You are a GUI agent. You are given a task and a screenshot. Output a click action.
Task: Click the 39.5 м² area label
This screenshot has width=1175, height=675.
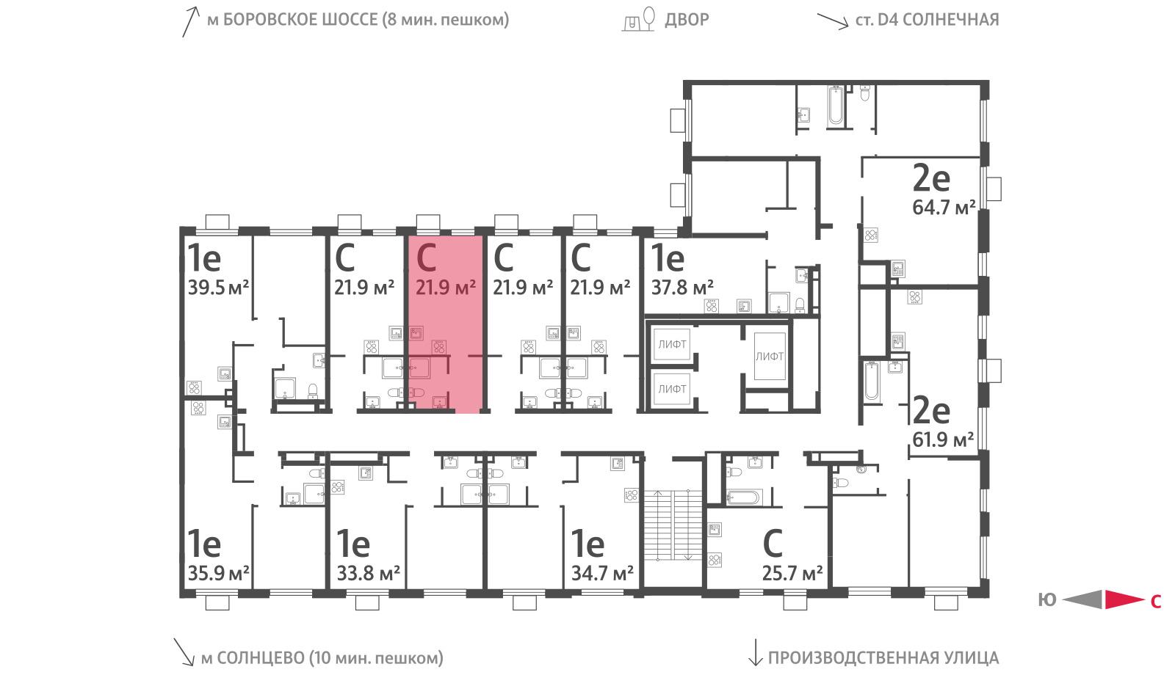[218, 288]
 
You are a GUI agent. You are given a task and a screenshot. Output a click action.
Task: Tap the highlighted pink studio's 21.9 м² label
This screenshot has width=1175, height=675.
[446, 288]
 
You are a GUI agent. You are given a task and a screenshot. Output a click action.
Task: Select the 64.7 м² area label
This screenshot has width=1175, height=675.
[944, 208]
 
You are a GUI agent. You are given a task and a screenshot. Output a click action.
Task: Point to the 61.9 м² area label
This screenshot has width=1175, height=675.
[943, 439]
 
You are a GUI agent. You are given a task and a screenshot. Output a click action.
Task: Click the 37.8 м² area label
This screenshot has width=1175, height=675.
[682, 288]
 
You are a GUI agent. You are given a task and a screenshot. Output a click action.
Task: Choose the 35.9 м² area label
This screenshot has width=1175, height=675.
[218, 573]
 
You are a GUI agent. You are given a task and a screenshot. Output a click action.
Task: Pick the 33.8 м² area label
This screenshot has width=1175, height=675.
[368, 573]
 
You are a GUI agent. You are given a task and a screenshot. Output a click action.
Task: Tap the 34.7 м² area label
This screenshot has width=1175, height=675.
[602, 573]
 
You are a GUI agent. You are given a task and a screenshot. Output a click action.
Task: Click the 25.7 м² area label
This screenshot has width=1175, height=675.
[792, 573]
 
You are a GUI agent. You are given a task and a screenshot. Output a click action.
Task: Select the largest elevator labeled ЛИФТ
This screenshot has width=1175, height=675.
[770, 357]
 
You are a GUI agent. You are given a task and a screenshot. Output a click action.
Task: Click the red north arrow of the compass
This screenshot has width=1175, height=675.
[1124, 599]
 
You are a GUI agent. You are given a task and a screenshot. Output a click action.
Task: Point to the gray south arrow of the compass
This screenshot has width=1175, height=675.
[1082, 599]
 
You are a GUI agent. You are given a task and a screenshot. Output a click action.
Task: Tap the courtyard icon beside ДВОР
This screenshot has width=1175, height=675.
[639, 19]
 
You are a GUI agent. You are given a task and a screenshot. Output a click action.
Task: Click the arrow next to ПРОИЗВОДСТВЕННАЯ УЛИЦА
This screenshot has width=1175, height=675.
[755, 652]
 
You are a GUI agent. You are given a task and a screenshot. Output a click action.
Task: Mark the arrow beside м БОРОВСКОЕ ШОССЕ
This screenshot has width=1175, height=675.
[191, 22]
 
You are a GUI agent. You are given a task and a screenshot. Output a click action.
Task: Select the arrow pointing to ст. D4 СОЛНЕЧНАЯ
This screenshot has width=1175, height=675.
[833, 21]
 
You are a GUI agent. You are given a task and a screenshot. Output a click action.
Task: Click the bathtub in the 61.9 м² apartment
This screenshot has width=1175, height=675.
[871, 381]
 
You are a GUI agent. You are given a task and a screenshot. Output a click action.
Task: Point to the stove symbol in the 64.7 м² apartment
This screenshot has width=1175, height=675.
[871, 236]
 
